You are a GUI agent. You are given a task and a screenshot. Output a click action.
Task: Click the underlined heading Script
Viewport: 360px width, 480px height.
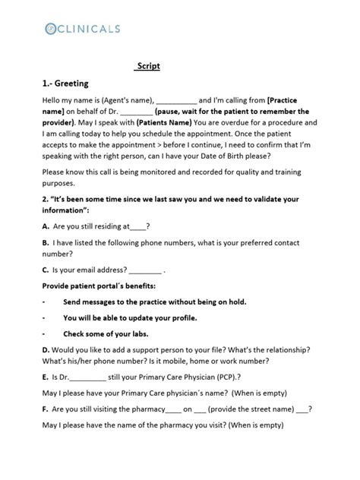(147, 66)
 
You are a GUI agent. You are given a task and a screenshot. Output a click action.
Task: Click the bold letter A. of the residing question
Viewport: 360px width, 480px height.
(46, 226)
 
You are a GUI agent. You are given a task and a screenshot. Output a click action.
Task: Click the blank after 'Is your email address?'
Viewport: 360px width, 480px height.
(145, 270)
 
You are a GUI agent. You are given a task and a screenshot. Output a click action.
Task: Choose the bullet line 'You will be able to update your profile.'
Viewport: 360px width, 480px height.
(130, 317)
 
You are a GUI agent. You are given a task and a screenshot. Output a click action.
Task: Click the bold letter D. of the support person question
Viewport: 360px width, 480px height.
(46, 349)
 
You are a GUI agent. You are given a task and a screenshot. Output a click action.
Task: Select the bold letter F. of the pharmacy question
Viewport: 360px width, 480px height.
(46, 409)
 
